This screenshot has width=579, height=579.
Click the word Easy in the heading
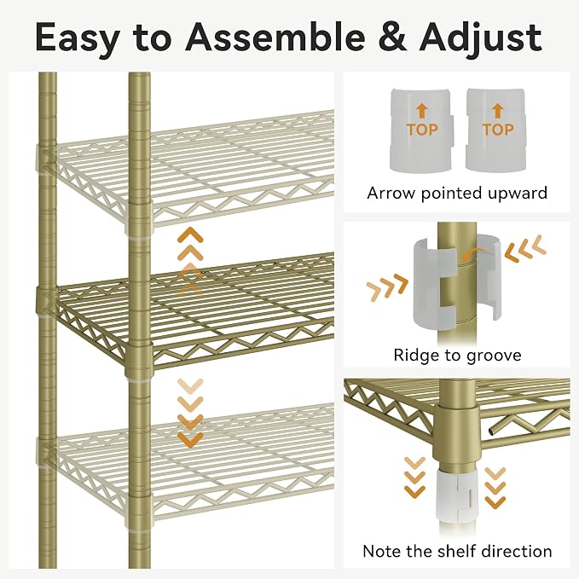click(78, 38)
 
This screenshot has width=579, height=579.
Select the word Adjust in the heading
click(480, 38)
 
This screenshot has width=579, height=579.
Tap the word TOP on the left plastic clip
click(422, 130)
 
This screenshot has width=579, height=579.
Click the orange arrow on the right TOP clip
click(498, 111)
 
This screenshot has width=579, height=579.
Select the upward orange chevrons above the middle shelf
click(190, 261)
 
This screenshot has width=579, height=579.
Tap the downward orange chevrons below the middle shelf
click(190, 414)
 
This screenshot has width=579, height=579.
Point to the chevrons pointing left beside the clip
click(524, 248)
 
